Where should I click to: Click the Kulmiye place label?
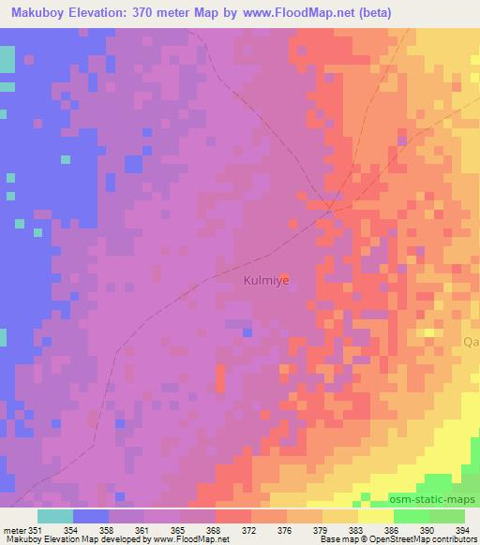click(267, 279)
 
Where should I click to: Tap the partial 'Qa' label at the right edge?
click(471, 343)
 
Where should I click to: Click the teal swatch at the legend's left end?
click(55, 516)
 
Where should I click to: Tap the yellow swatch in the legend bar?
click(376, 516)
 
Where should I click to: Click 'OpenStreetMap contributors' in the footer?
click(427, 540)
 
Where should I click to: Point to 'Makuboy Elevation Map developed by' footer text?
click(62, 540)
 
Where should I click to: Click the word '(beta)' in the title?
click(372, 13)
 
